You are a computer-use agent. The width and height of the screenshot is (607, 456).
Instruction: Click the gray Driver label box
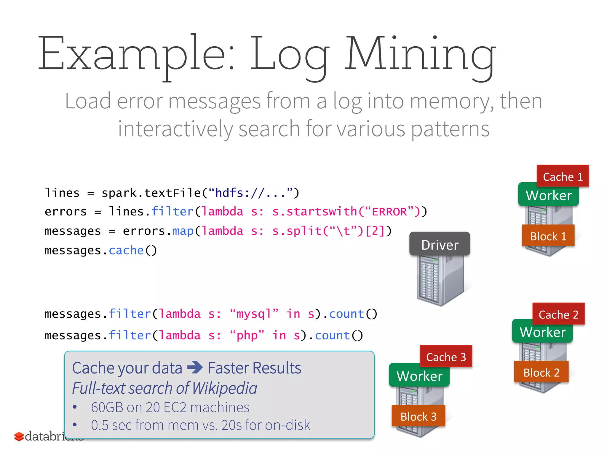coord(440,244)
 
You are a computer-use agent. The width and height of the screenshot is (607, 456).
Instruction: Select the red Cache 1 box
coord(563,176)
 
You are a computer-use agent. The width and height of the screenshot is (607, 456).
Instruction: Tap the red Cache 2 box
coord(558,314)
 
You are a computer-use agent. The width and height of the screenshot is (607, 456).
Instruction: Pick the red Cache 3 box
coord(446,357)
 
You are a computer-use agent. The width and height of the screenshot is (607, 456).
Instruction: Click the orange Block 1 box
coord(548,236)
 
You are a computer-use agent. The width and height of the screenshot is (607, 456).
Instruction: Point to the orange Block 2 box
coord(541,372)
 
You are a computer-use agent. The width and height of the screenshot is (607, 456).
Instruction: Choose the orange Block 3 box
coord(418,416)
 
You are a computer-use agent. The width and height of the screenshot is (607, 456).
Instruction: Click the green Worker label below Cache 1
coord(548,195)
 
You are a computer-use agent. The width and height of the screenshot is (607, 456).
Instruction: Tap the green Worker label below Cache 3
coord(419,376)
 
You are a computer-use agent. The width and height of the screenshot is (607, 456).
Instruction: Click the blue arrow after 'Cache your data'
coord(195,367)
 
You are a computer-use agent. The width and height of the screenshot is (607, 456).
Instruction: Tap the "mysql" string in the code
coord(254,314)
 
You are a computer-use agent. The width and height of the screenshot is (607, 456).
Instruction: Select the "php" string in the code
coord(247,335)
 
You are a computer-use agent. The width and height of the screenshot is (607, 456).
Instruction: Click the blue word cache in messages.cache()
coord(126,250)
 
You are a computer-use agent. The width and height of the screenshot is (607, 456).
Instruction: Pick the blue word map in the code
coord(183,231)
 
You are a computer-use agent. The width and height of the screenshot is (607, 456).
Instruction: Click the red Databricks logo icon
coord(19,436)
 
